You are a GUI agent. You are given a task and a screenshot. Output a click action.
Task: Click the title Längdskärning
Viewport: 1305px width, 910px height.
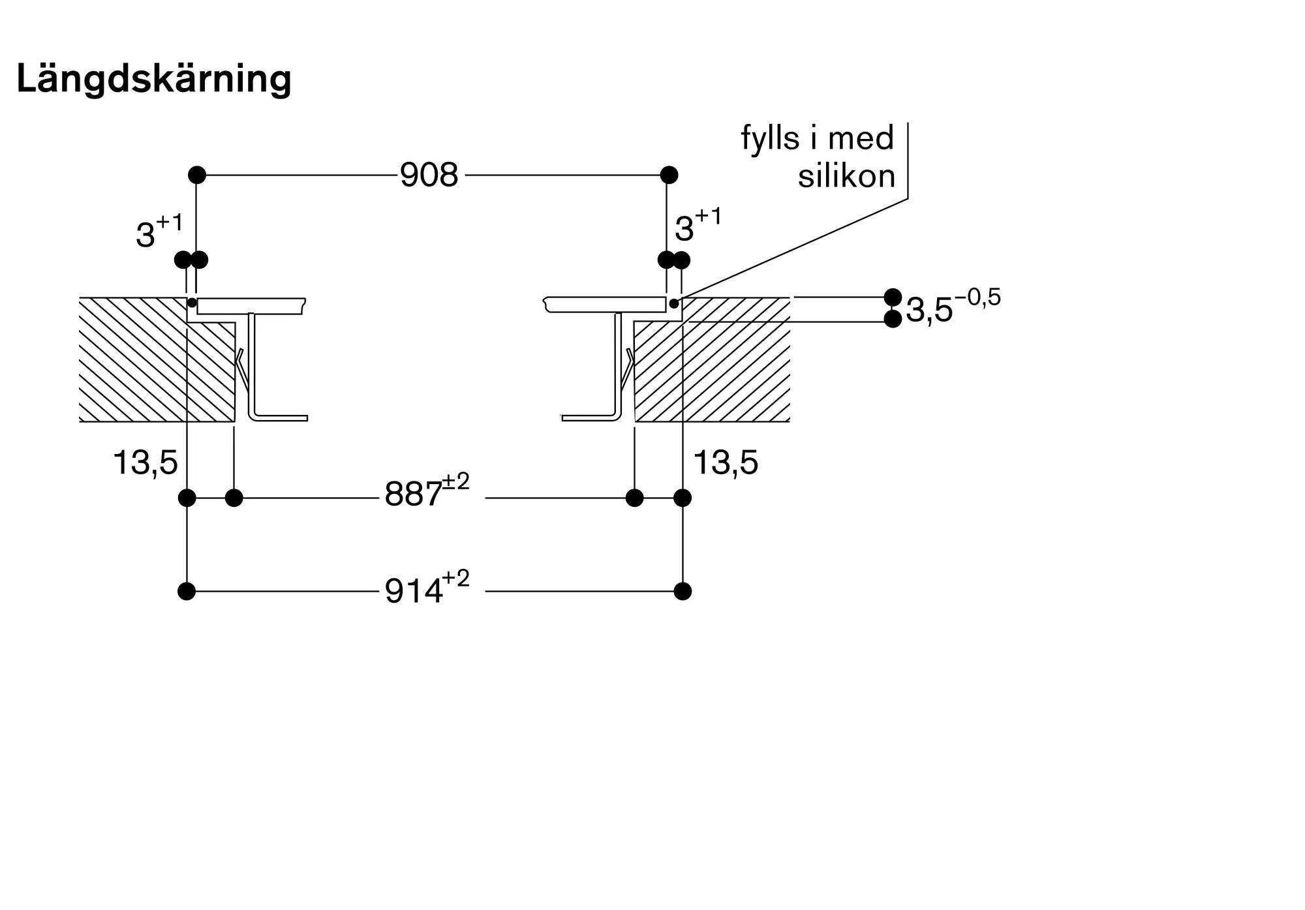pos(153,80)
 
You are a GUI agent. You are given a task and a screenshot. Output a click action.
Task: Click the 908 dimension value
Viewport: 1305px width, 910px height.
pos(429,175)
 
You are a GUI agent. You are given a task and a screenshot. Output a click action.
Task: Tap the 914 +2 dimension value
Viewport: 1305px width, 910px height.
pos(426,590)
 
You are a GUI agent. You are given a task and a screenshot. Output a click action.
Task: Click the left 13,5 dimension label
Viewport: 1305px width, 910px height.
pos(145,463)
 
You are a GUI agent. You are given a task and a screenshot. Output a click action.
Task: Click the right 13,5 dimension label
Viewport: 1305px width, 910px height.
pos(726,463)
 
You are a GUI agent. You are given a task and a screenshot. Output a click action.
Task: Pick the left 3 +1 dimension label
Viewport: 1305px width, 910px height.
pos(159,232)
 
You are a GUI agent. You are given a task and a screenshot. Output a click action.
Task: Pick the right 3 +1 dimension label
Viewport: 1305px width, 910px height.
pos(698,226)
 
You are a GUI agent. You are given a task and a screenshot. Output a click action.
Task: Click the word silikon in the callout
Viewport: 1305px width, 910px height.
pos(846,176)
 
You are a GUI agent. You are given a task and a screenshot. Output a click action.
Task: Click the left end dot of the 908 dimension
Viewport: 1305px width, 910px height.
pos(197,175)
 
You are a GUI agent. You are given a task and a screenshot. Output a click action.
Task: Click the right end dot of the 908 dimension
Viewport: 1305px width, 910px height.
pos(669,175)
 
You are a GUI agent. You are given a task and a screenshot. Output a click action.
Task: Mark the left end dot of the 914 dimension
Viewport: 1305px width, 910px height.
pos(187,592)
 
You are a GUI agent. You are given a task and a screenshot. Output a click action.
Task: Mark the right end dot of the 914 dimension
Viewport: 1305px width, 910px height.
pos(683,592)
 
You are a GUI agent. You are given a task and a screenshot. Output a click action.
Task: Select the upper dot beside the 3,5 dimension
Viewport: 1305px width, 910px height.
pos(893,297)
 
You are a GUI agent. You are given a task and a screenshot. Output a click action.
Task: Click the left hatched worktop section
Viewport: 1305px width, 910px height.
pos(144,365)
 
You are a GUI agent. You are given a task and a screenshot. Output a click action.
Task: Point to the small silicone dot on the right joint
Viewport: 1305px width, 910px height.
pos(674,303)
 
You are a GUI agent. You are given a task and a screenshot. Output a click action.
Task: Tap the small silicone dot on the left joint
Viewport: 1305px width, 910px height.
pos(192,303)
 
